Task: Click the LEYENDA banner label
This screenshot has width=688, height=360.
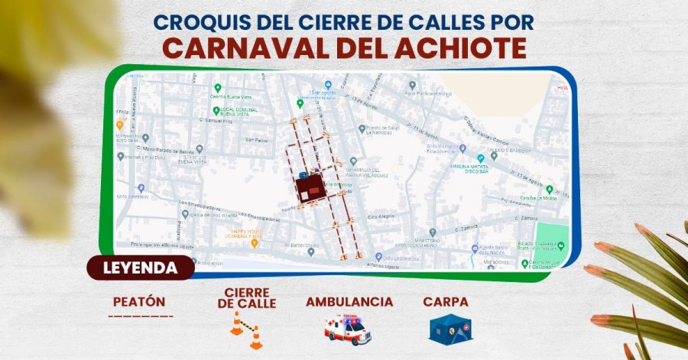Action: point(140,268)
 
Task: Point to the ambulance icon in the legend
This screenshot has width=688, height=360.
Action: point(347,329)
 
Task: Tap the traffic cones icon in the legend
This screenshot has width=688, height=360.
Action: point(247,330)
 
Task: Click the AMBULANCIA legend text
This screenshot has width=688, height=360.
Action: point(349,302)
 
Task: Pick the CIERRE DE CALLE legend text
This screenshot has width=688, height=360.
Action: point(246,298)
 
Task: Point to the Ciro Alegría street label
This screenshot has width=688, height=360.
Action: point(381,216)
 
